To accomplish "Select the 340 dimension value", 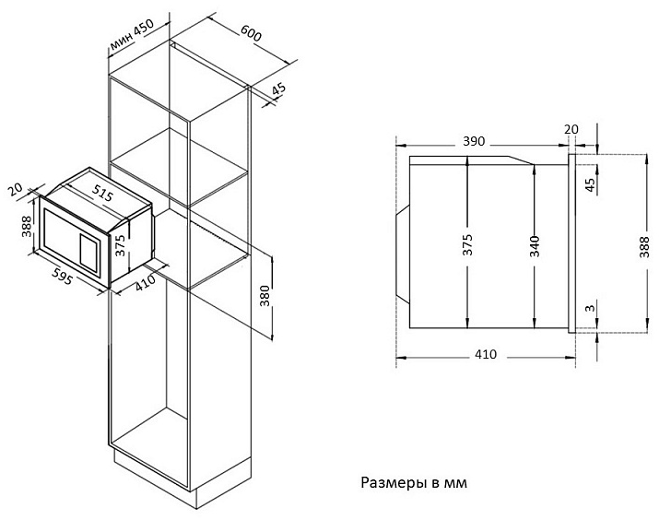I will click(535, 244).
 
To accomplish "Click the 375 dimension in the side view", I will click(467, 244).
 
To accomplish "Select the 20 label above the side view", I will click(571, 129).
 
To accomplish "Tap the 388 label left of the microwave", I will click(27, 225).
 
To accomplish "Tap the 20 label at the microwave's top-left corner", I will click(13, 189).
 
